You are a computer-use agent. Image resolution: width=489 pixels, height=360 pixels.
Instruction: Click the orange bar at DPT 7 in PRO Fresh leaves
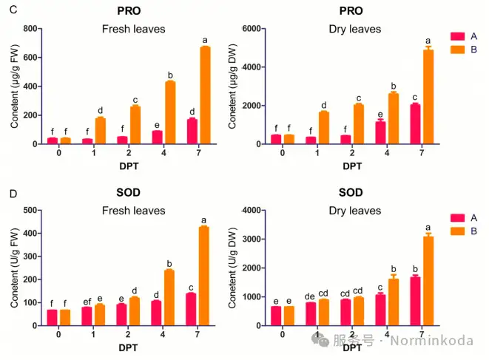(x=206, y=95)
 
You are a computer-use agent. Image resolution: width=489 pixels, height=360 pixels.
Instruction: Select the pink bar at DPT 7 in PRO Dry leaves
(x=415, y=124)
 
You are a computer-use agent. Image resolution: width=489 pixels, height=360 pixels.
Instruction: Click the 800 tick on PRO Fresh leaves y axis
(x=30, y=29)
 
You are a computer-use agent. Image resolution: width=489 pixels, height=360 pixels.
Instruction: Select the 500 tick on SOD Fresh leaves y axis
(x=30, y=211)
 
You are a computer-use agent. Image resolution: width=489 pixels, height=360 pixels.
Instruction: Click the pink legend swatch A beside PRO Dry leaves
(x=456, y=35)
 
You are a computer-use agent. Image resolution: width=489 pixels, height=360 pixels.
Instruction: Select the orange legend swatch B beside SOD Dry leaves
(x=456, y=232)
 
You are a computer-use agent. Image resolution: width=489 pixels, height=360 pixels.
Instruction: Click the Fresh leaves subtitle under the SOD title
(x=133, y=211)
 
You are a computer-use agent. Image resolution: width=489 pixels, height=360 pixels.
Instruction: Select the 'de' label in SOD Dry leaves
(x=310, y=295)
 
